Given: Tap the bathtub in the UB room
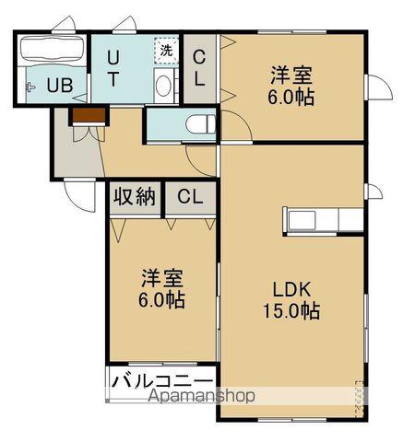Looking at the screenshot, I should pyautogui.click(x=52, y=50).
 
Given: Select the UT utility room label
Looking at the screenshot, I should pyautogui.click(x=112, y=67).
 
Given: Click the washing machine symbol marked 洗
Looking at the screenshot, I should pyautogui.click(x=166, y=50).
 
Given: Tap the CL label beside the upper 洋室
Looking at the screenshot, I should pyautogui.click(x=199, y=67).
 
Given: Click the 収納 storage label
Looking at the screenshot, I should pyautogui.click(x=134, y=197).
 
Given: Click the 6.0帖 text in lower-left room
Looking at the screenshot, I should pyautogui.click(x=162, y=299).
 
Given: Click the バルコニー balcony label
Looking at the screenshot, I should pyautogui.click(x=162, y=381).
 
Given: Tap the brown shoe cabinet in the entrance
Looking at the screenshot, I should pyautogui.click(x=86, y=115).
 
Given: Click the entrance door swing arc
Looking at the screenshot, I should pyautogui.click(x=78, y=193).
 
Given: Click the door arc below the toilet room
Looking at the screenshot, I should pyautogui.click(x=201, y=157).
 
